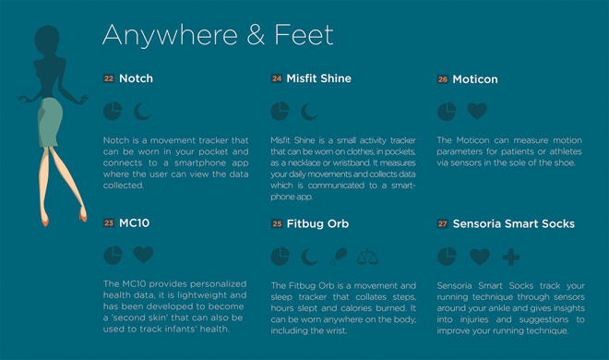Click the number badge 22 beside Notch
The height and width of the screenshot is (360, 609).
click(109, 78)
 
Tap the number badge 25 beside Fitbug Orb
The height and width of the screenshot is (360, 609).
click(277, 223)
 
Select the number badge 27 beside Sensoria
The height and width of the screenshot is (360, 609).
click(443, 223)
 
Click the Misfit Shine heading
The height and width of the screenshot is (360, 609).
click(319, 78)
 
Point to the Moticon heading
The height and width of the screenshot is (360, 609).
click(475, 79)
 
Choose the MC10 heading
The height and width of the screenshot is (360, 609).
click(135, 222)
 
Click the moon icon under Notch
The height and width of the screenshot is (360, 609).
click(142, 112)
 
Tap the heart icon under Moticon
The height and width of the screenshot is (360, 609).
click(477, 111)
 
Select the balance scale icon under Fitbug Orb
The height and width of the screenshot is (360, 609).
click(367, 257)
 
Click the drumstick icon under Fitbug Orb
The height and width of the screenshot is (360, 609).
click(339, 257)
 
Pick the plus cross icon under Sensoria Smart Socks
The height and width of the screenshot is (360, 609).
click(511, 258)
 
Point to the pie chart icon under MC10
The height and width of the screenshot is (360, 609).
click(113, 255)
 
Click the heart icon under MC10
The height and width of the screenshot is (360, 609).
click(143, 255)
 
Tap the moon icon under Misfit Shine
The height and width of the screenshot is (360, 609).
click(309, 112)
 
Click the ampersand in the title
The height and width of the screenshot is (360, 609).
click(256, 35)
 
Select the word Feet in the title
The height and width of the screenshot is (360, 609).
click(304, 35)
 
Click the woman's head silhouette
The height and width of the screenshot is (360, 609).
click(47, 40)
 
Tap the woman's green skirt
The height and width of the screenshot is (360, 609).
click(50, 123)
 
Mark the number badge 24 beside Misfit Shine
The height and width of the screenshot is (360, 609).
click(277, 78)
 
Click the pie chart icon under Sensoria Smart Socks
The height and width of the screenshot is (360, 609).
click(447, 257)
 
